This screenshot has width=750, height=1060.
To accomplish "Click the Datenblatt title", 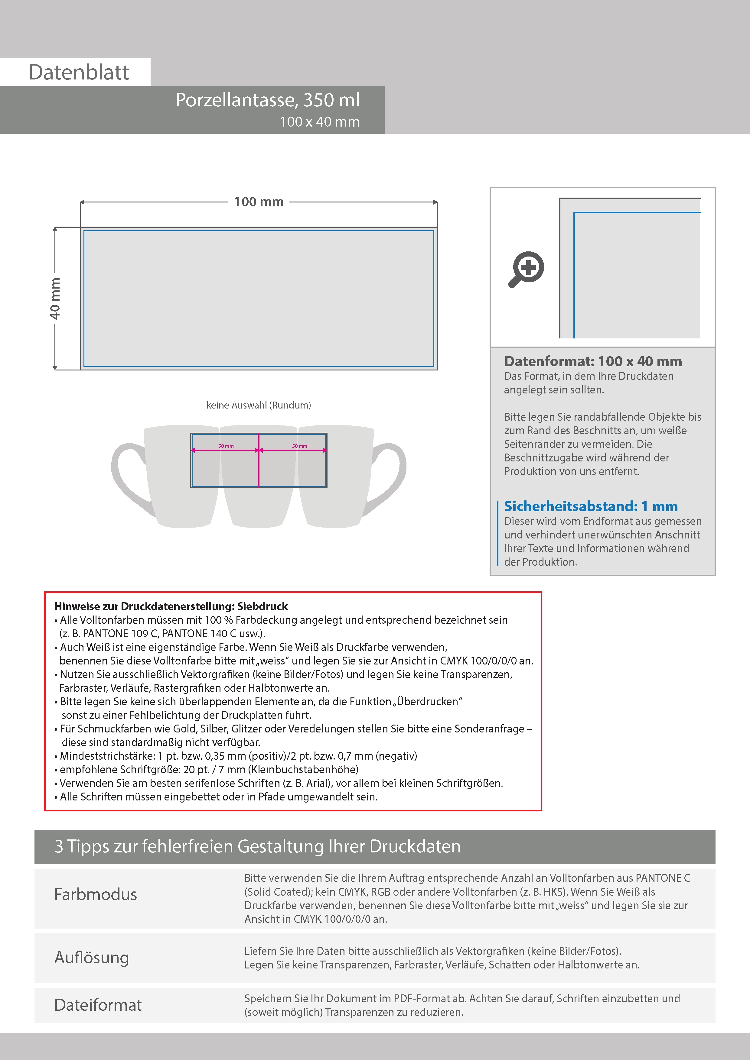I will point(79,73).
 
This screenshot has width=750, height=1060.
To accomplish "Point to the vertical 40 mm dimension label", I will point(55,298).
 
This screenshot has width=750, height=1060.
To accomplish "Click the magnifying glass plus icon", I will point(527,269).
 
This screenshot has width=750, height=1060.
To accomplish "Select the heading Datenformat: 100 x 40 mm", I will point(592,361).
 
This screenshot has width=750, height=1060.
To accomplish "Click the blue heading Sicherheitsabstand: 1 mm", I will point(591,506).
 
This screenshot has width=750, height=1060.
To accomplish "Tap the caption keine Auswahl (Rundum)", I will point(258,405).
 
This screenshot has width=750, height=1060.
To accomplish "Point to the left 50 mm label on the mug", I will point(226,446).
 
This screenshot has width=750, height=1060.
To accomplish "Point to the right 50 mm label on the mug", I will point(299,446).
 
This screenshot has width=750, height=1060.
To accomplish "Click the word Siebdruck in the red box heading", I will point(262,606).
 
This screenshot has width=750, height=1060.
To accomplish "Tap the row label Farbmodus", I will point(96,894).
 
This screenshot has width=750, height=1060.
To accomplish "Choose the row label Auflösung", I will point(92,958).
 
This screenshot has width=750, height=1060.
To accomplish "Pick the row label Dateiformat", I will point(98,1005).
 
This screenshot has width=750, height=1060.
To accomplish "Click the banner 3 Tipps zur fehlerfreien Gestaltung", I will point(257,846).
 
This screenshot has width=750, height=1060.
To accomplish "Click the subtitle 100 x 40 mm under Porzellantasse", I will point(319,122).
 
